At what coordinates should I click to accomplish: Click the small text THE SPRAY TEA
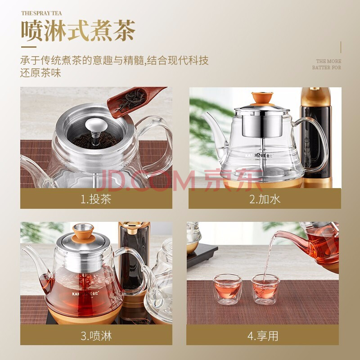41,13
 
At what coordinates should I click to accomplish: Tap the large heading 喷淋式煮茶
78,31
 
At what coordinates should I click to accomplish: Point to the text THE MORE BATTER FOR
327,64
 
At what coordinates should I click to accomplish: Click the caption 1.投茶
96,199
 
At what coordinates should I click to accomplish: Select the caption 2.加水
265,199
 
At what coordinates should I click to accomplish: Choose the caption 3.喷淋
96,336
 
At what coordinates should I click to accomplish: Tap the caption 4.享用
263,336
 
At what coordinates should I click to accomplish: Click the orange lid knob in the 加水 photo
262,98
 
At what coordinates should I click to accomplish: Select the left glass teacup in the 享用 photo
227,289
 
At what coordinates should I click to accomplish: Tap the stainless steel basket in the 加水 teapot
262,126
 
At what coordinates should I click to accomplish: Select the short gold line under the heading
29,47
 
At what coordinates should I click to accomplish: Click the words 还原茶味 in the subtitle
40,73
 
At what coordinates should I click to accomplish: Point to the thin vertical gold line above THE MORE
341,47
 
